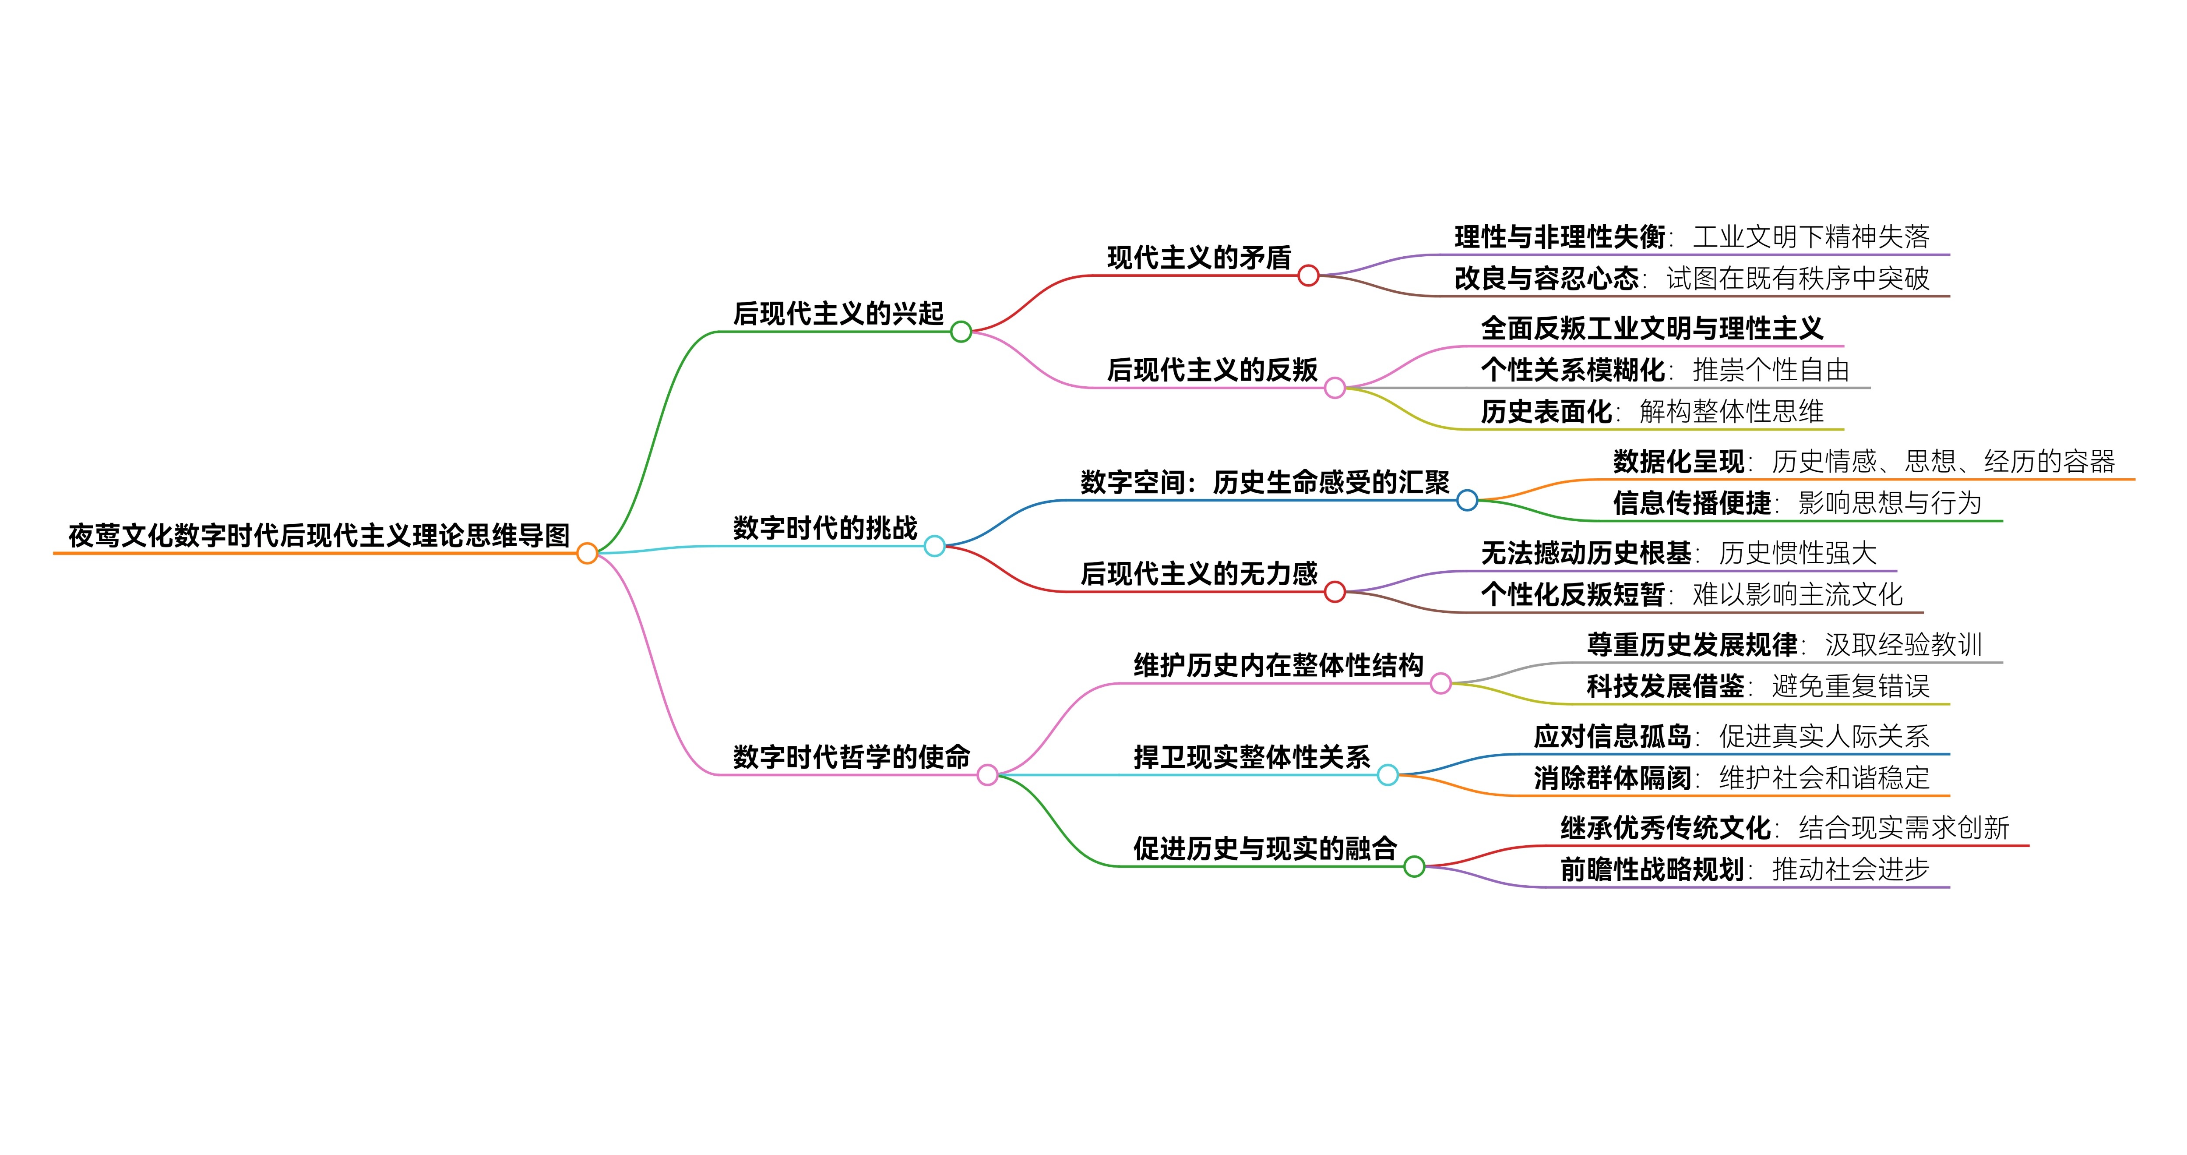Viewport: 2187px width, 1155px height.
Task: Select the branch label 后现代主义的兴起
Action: pos(838,313)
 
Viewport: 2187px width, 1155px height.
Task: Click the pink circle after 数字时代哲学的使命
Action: pos(987,774)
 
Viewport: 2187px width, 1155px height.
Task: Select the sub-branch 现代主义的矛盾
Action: pos(1199,258)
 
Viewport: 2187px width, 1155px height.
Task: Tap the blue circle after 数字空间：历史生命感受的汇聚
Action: pos(1467,500)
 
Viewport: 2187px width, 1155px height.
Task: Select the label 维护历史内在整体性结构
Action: pos(1278,665)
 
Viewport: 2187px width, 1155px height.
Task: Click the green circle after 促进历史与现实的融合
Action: pos(1414,866)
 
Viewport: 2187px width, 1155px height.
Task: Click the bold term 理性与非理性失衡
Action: pos(1560,237)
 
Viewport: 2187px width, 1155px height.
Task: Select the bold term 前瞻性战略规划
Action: pos(1651,869)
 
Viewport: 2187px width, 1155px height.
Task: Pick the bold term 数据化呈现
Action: pos(1679,461)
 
